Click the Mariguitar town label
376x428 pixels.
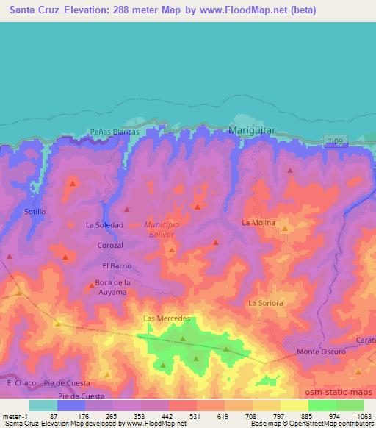pyautogui.click(x=252, y=130)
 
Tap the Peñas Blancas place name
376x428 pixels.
pyautogui.click(x=114, y=132)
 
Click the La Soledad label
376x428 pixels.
pyautogui.click(x=104, y=224)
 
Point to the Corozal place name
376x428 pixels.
pyautogui.click(x=109, y=245)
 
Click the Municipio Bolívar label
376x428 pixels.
pyautogui.click(x=162, y=228)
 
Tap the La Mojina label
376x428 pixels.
pyautogui.click(x=258, y=221)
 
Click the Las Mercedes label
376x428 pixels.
pyautogui.click(x=167, y=318)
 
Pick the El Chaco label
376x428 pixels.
pyautogui.click(x=21, y=383)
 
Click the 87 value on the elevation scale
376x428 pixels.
pyautogui.click(x=54, y=416)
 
